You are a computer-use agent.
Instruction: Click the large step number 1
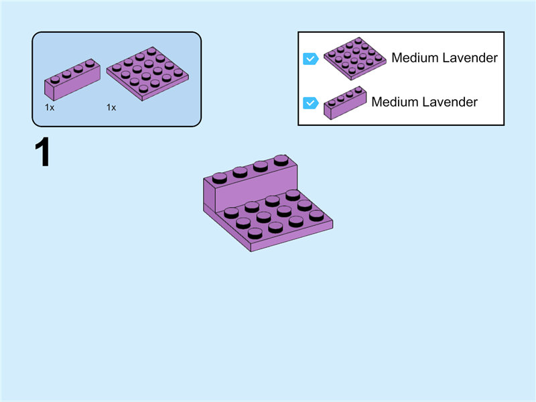click(42, 153)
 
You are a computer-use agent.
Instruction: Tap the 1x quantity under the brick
click(50, 107)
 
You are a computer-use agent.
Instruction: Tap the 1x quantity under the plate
click(111, 107)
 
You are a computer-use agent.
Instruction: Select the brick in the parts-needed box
click(72, 79)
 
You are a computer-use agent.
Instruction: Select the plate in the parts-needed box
click(147, 73)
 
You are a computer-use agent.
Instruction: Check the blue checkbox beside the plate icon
click(310, 58)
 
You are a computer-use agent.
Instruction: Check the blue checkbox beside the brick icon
click(310, 103)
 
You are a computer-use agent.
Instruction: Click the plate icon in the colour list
click(354, 58)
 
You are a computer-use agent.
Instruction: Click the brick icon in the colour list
click(345, 103)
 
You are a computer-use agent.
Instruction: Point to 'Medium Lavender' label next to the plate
click(444, 58)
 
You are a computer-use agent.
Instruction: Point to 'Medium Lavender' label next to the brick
click(424, 103)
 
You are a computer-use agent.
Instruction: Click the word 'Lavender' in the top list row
click(470, 58)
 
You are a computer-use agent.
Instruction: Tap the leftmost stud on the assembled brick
click(220, 178)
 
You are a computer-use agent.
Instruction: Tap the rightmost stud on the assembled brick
click(281, 159)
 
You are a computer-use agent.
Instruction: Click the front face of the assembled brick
click(248, 190)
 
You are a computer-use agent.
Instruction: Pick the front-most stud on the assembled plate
click(255, 233)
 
